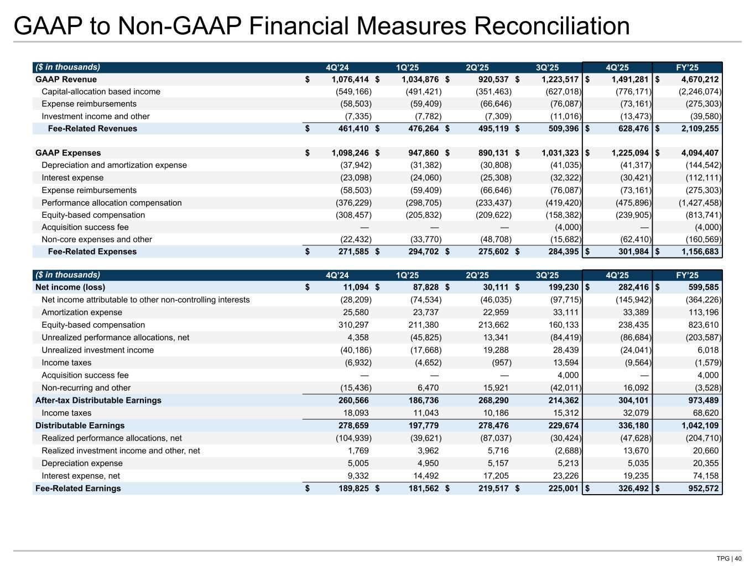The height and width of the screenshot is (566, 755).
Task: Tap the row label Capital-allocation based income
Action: (x=101, y=92)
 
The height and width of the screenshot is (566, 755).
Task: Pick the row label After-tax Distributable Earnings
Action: (x=98, y=400)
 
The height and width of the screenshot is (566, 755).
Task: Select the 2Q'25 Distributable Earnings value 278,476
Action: (x=490, y=426)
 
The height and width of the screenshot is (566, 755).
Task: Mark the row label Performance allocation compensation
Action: (x=112, y=203)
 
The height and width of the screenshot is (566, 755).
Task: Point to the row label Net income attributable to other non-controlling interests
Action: (x=145, y=300)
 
